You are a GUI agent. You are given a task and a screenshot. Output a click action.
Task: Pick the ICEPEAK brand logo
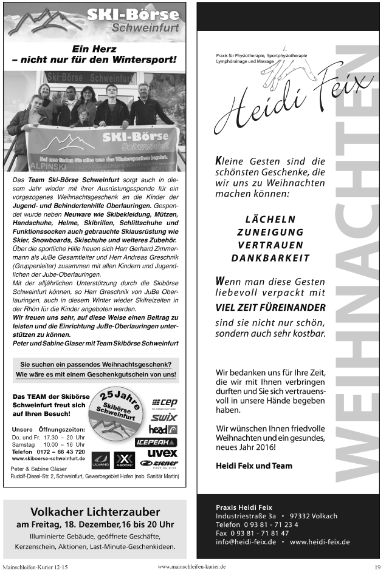[156, 442]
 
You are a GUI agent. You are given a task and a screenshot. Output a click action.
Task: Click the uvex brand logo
[162, 453]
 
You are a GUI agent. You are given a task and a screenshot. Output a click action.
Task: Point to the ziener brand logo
[159, 464]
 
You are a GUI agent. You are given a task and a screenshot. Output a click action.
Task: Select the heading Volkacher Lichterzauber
[95, 512]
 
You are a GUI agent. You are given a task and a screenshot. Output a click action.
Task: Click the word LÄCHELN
[270, 219]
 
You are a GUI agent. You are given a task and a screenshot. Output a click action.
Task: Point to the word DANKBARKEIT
[270, 258]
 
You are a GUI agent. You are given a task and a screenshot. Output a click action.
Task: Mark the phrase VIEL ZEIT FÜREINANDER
[270, 307]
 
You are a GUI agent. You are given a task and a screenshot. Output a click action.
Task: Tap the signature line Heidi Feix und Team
[254, 466]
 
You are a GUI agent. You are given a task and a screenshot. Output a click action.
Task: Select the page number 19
[377, 568]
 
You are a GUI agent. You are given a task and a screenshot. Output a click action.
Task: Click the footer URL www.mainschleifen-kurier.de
[191, 566]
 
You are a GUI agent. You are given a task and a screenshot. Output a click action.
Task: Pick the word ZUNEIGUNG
[270, 232]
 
